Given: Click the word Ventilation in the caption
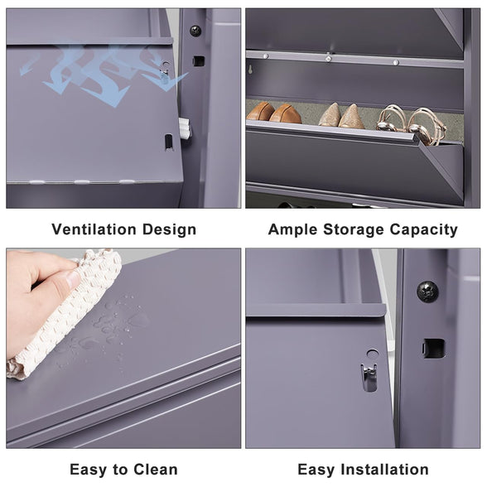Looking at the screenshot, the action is [94, 229].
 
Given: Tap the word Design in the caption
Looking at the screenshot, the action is [169, 229].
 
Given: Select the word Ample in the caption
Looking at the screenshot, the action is [293, 230].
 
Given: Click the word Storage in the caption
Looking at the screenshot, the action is [354, 230].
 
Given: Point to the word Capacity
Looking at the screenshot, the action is [424, 230].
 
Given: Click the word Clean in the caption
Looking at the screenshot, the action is [156, 470].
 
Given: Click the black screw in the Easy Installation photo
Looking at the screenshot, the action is [427, 292].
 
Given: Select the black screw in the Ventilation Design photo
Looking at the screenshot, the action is [195, 31].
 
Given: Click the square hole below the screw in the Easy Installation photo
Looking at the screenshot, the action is [434, 349].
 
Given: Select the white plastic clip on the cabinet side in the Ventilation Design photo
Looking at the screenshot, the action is [185, 128].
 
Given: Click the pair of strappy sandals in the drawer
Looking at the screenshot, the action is [412, 124].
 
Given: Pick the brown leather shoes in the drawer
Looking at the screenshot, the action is [274, 113].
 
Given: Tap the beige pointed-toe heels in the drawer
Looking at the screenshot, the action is [341, 116].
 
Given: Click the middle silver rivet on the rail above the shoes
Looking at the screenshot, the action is [328, 58].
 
